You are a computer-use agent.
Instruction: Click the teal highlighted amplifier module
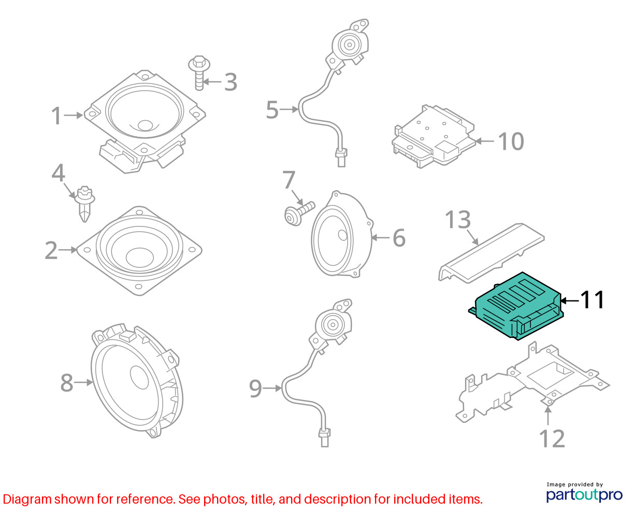point(516,306)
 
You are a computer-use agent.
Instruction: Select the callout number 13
point(458,220)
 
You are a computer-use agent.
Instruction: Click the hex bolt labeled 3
point(199,73)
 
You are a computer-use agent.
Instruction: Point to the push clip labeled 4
point(84,204)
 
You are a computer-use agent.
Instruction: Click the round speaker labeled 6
point(342,234)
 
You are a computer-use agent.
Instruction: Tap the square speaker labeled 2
point(139,251)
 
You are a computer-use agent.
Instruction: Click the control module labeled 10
point(434,136)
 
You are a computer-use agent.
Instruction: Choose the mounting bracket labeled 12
point(532,383)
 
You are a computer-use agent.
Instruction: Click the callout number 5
point(272,110)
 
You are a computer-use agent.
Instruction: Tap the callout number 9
point(255,389)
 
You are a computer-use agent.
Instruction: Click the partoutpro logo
point(584,495)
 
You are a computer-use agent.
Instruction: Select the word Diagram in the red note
point(27,499)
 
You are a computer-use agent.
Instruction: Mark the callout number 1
point(56,116)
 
